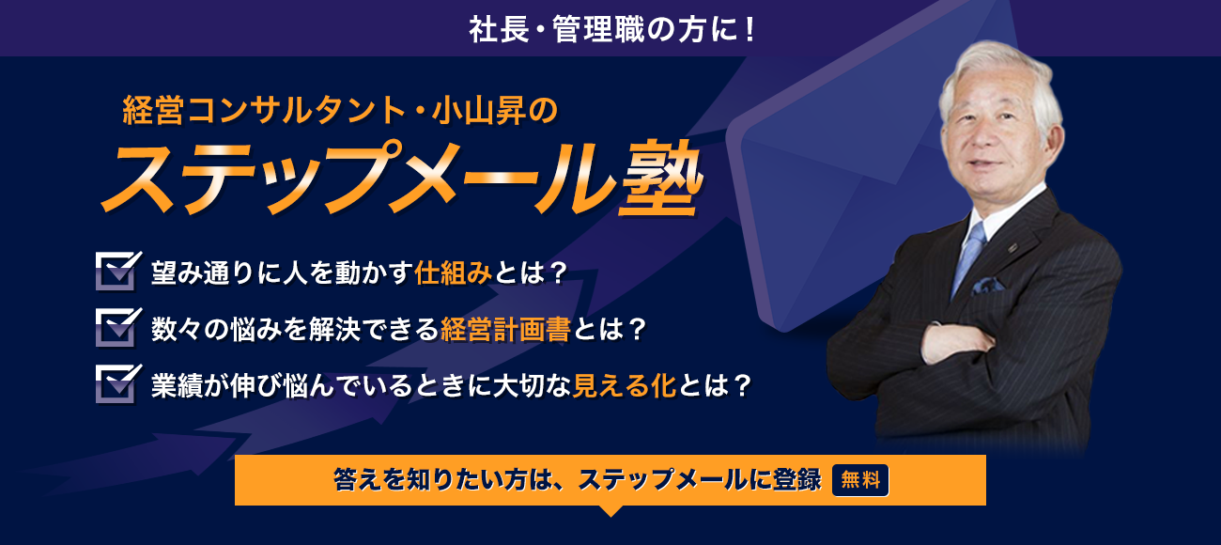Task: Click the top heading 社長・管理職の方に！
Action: [x=612, y=29]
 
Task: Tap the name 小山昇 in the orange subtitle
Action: [x=479, y=110]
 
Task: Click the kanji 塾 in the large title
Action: [x=661, y=179]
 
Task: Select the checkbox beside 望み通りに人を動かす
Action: [x=118, y=271]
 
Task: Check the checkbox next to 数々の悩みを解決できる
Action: [x=118, y=327]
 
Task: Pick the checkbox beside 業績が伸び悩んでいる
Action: [x=118, y=384]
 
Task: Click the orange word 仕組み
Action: [x=454, y=272]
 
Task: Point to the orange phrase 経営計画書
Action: [x=505, y=329]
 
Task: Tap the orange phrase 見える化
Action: [x=625, y=385]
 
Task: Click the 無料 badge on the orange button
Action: [x=860, y=480]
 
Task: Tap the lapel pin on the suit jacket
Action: [x=1012, y=248]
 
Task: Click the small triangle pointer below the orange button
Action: [x=610, y=510]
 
